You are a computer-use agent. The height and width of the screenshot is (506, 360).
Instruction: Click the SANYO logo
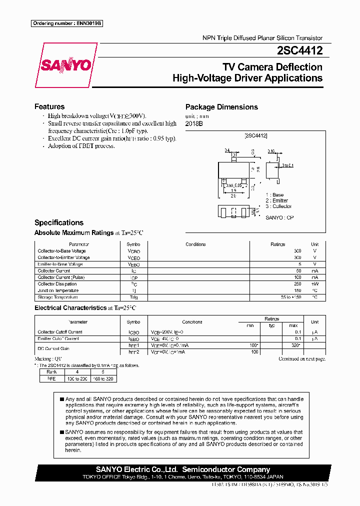[x=65, y=65]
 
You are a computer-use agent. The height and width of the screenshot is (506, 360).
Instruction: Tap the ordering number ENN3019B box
[x=66, y=23]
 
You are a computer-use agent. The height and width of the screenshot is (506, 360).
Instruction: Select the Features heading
[x=49, y=106]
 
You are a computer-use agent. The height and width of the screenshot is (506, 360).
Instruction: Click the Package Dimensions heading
[x=221, y=107]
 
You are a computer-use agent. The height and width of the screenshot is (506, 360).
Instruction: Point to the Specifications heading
[x=59, y=222]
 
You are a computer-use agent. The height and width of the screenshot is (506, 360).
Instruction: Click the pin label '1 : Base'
[x=274, y=195]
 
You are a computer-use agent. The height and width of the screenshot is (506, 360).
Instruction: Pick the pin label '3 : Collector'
[x=278, y=206]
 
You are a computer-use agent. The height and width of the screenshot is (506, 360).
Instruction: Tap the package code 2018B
[x=194, y=123]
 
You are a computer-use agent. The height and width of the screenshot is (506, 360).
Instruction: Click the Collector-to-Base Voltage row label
[x=62, y=251]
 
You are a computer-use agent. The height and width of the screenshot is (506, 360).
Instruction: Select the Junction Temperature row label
[x=58, y=290]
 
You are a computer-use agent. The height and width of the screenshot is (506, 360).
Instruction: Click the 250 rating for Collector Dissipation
[x=296, y=284]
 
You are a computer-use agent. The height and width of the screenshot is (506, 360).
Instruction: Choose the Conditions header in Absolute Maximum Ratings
[x=195, y=244]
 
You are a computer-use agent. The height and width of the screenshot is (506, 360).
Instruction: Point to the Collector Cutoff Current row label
[x=60, y=332]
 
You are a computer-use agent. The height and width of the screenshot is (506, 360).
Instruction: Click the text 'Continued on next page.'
[x=301, y=359]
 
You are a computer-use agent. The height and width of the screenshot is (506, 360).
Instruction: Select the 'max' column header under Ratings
[x=293, y=325]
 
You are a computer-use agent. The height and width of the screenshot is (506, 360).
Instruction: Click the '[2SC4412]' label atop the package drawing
[x=256, y=135]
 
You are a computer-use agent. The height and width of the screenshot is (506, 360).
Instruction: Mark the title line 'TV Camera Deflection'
[x=272, y=67]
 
